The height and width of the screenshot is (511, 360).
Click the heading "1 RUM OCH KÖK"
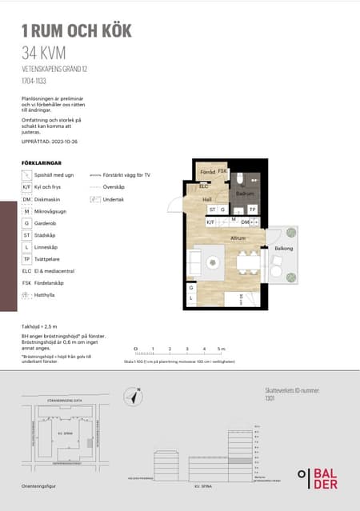(76, 31)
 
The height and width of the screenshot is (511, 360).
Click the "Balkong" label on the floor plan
(283, 249)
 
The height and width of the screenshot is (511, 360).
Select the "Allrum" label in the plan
(238, 238)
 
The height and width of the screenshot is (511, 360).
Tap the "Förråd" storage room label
(207, 171)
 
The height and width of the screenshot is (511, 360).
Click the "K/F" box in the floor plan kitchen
(210, 223)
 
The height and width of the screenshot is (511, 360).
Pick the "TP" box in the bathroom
(252, 210)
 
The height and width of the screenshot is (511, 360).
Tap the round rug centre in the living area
(212, 262)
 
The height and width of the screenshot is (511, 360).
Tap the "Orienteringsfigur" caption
(41, 486)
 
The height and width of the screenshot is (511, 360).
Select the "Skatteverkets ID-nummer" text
(292, 390)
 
